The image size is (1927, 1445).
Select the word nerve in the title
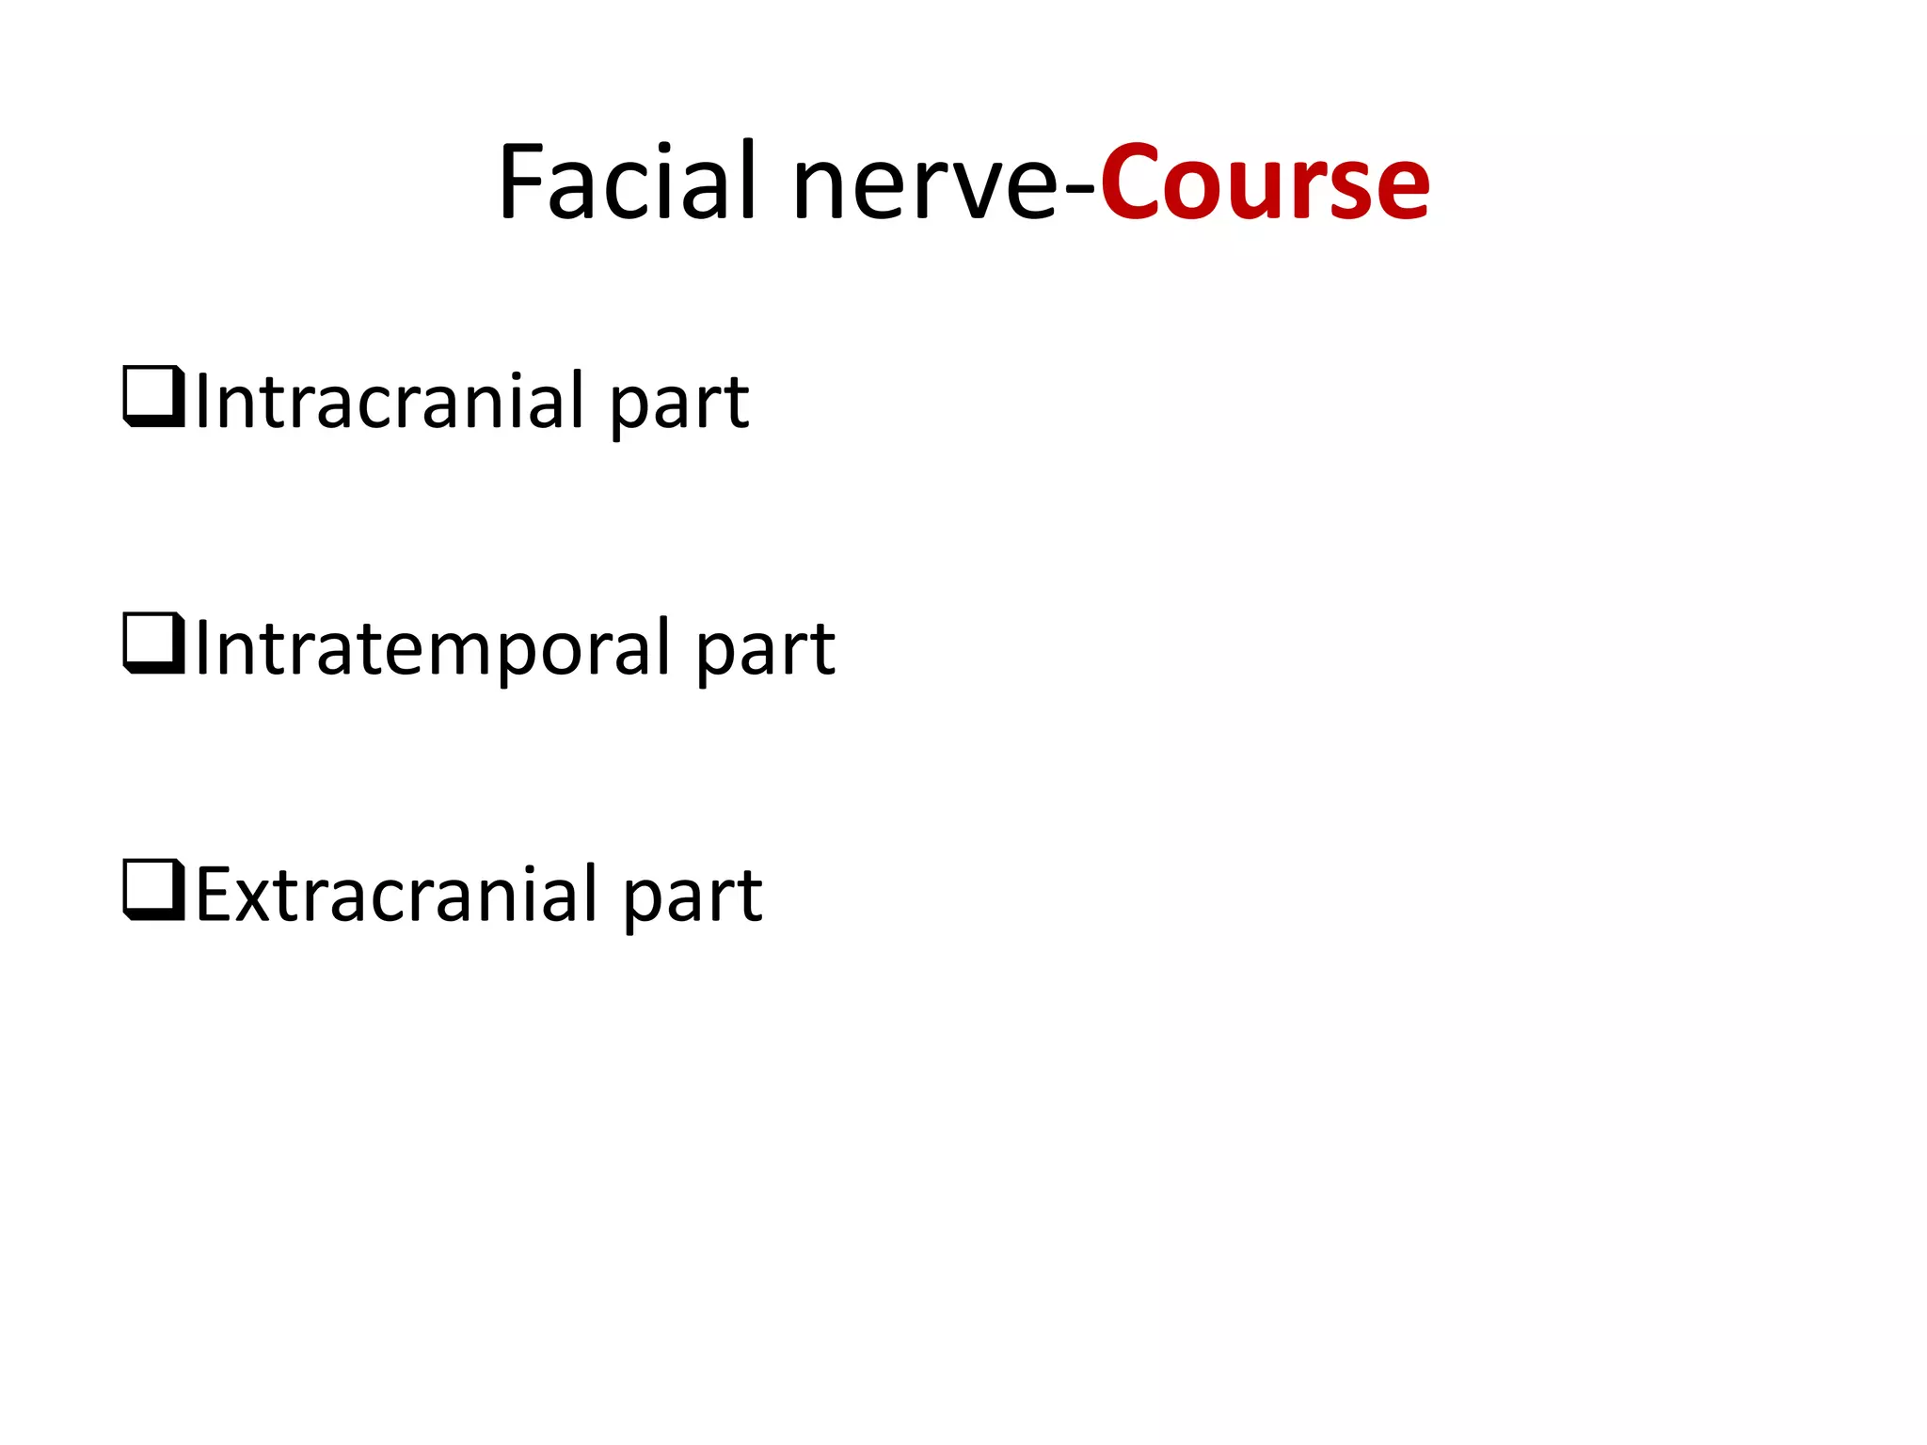pyautogui.click(x=926, y=188)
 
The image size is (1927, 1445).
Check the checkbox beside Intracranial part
pyautogui.click(x=153, y=397)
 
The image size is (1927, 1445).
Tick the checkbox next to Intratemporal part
pyautogui.click(x=153, y=643)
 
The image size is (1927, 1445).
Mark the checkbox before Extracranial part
pyautogui.click(x=153, y=890)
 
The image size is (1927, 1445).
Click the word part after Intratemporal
pyautogui.click(x=765, y=653)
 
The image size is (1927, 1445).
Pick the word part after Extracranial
pyautogui.click(x=693, y=899)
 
